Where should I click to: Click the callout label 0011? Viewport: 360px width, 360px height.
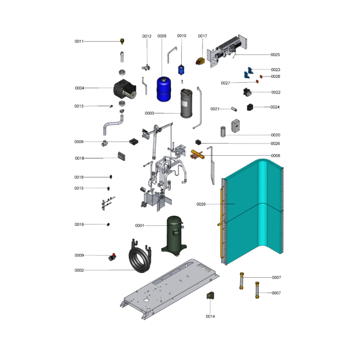pyautogui.click(x=79, y=41)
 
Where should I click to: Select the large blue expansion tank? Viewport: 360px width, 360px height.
pyautogui.click(x=164, y=89)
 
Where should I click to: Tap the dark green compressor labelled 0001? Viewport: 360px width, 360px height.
pyautogui.click(x=174, y=236)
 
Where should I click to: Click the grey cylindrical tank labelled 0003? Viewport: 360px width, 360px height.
pyautogui.click(x=186, y=103)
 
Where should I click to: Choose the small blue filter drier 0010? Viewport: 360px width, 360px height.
pyautogui.click(x=181, y=70)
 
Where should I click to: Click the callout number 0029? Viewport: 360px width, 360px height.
pyautogui.click(x=201, y=204)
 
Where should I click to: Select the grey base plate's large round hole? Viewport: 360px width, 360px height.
pyautogui.click(x=146, y=300)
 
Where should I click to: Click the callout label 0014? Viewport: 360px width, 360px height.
pyautogui.click(x=210, y=316)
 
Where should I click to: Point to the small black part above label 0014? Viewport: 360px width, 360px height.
pyautogui.click(x=210, y=295)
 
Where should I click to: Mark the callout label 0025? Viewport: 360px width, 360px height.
pyautogui.click(x=275, y=54)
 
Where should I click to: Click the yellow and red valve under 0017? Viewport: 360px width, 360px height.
pyautogui.click(x=200, y=61)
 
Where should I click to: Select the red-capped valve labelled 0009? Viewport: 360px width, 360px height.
pyautogui.click(x=112, y=257)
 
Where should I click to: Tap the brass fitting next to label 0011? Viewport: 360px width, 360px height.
pyautogui.click(x=122, y=41)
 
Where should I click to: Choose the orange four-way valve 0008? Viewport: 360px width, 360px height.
pyautogui.click(x=197, y=154)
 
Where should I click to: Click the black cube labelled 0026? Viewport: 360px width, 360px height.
pyautogui.click(x=198, y=142)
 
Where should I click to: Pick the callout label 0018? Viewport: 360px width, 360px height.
pyautogui.click(x=80, y=158)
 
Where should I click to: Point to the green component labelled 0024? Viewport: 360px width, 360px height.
pyautogui.click(x=250, y=107)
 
